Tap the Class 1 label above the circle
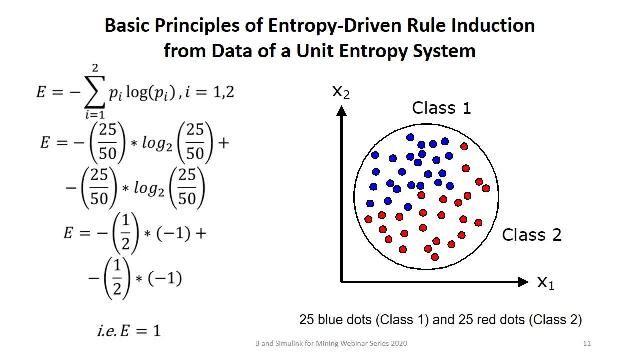tap(440, 108)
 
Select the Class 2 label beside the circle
tap(531, 235)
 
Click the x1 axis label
tap(546, 283)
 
